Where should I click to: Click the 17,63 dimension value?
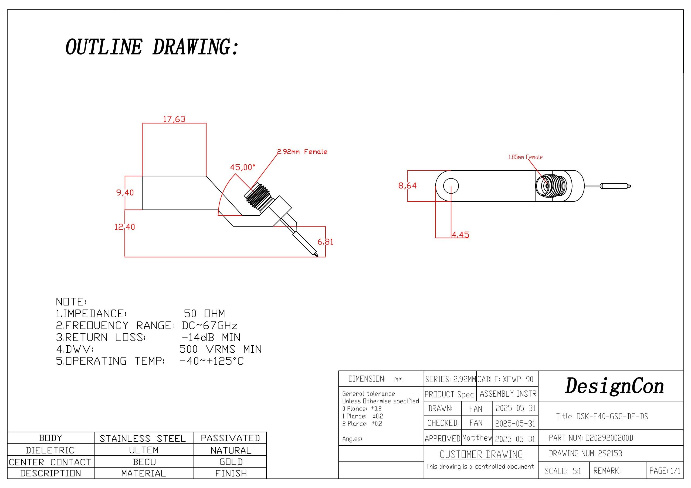pos(174,119)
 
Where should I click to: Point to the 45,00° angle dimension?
pos(242,167)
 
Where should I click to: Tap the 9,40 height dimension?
pos(125,193)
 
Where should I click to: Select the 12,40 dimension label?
pos(125,227)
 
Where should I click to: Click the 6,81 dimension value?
pos(325,242)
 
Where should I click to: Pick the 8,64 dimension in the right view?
pos(408,185)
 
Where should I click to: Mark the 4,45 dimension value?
pos(460,235)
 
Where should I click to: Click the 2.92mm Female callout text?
pos(302,152)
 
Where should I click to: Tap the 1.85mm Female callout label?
pos(526,157)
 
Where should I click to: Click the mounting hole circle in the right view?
pos(451,185)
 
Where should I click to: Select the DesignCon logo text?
pos(614,386)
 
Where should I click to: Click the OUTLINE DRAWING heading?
pos(152,47)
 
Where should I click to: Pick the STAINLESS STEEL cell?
pos(143,438)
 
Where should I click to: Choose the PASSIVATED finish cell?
pos(230,438)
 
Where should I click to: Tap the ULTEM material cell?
pos(144,450)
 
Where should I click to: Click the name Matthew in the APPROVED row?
pos(477,438)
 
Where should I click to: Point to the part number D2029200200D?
pos(609,438)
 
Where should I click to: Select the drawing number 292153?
pos(610,453)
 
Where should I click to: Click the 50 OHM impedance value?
pos(204,314)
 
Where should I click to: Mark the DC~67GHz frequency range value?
pos(210,326)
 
